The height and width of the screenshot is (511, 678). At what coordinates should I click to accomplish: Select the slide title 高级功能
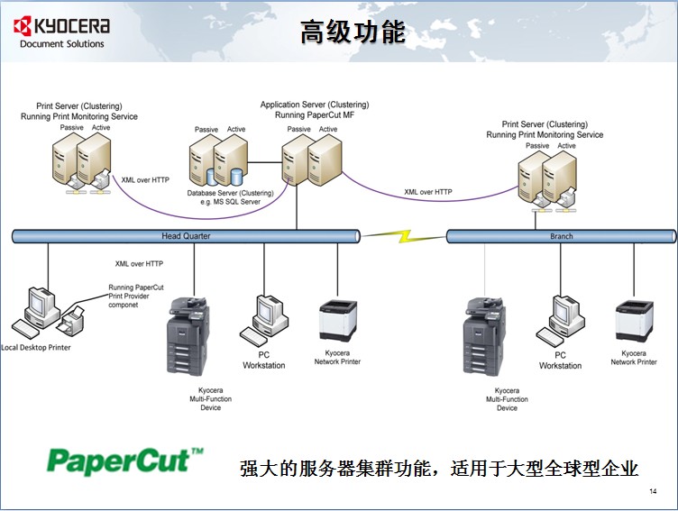(353, 32)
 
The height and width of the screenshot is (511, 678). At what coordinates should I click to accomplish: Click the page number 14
(653, 491)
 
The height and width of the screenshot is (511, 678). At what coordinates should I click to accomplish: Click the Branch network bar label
(561, 237)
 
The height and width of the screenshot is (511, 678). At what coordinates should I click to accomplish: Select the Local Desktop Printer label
(36, 347)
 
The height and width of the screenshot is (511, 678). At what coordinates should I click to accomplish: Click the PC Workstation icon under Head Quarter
(269, 315)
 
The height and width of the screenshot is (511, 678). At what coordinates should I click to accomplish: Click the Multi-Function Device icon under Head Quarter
(189, 335)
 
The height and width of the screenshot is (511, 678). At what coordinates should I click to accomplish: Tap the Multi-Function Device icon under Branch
(485, 335)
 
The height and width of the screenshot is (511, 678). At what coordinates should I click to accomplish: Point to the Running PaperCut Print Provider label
(136, 297)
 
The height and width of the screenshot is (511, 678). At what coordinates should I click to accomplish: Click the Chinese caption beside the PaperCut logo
(438, 469)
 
